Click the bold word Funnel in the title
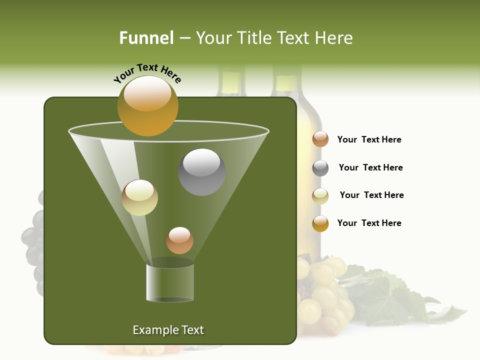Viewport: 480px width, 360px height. pos(146,38)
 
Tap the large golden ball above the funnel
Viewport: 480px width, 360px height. pos(147,106)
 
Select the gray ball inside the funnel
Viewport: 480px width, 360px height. pos(201,172)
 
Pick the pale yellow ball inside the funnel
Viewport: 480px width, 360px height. pos(139,197)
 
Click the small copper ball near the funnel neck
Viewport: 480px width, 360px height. pos(179,240)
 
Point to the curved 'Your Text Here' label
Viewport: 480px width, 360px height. pos(147,73)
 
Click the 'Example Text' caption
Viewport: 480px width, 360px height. pos(168,330)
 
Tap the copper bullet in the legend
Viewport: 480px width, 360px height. pos(320,139)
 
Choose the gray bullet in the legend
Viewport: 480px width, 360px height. pos(320,168)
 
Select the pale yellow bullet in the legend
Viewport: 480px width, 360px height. pos(320,196)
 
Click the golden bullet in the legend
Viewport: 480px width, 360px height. pos(320,223)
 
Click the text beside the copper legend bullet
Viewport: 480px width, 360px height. pos(369,139)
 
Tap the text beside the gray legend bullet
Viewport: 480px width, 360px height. pos(370,167)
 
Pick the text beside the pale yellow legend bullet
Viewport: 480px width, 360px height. pos(371,195)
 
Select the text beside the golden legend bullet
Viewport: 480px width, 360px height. pos(369,223)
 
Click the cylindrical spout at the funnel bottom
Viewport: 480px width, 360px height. pos(170,282)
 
